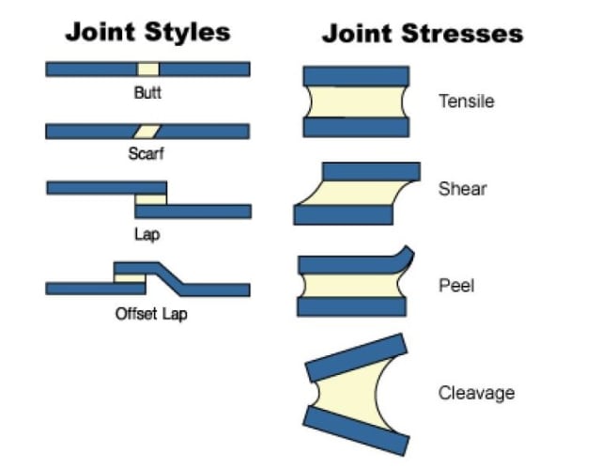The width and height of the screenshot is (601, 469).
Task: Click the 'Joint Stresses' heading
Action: tap(422, 34)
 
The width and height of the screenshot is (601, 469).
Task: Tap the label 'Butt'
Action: tap(146, 93)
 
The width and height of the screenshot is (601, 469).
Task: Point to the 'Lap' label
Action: tap(146, 233)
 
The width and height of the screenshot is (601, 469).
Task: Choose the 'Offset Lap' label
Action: tap(151, 313)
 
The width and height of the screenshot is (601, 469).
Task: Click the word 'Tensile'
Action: tap(467, 101)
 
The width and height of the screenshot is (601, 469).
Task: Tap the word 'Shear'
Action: tap(463, 189)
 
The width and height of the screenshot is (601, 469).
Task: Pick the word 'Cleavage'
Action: tap(476, 392)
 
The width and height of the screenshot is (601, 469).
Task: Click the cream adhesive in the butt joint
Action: tap(148, 69)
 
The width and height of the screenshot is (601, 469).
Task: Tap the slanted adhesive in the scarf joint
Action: tap(147, 131)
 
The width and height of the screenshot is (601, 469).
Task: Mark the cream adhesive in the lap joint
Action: tap(150, 199)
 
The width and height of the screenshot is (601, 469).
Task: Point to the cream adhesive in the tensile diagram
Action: tap(356, 101)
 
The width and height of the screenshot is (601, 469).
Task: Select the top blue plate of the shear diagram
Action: tap(371, 171)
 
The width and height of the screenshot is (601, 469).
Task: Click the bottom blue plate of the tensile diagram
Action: tap(356, 127)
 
